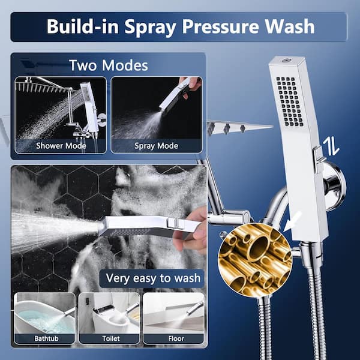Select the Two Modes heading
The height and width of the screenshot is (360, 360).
(109, 65)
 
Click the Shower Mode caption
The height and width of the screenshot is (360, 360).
(61, 146)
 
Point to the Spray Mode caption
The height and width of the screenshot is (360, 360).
(157, 146)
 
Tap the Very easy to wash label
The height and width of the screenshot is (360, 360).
(153, 278)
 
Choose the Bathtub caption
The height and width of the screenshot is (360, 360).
(46, 338)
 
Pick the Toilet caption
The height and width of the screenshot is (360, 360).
(111, 338)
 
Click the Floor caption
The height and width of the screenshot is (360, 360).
(176, 338)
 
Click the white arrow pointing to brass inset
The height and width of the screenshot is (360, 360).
(292, 221)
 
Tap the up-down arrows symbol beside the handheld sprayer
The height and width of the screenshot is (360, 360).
(331, 147)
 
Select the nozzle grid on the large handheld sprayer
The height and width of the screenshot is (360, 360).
(290, 102)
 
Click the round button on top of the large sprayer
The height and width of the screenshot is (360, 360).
(286, 61)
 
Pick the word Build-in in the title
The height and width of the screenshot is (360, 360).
(82, 26)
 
